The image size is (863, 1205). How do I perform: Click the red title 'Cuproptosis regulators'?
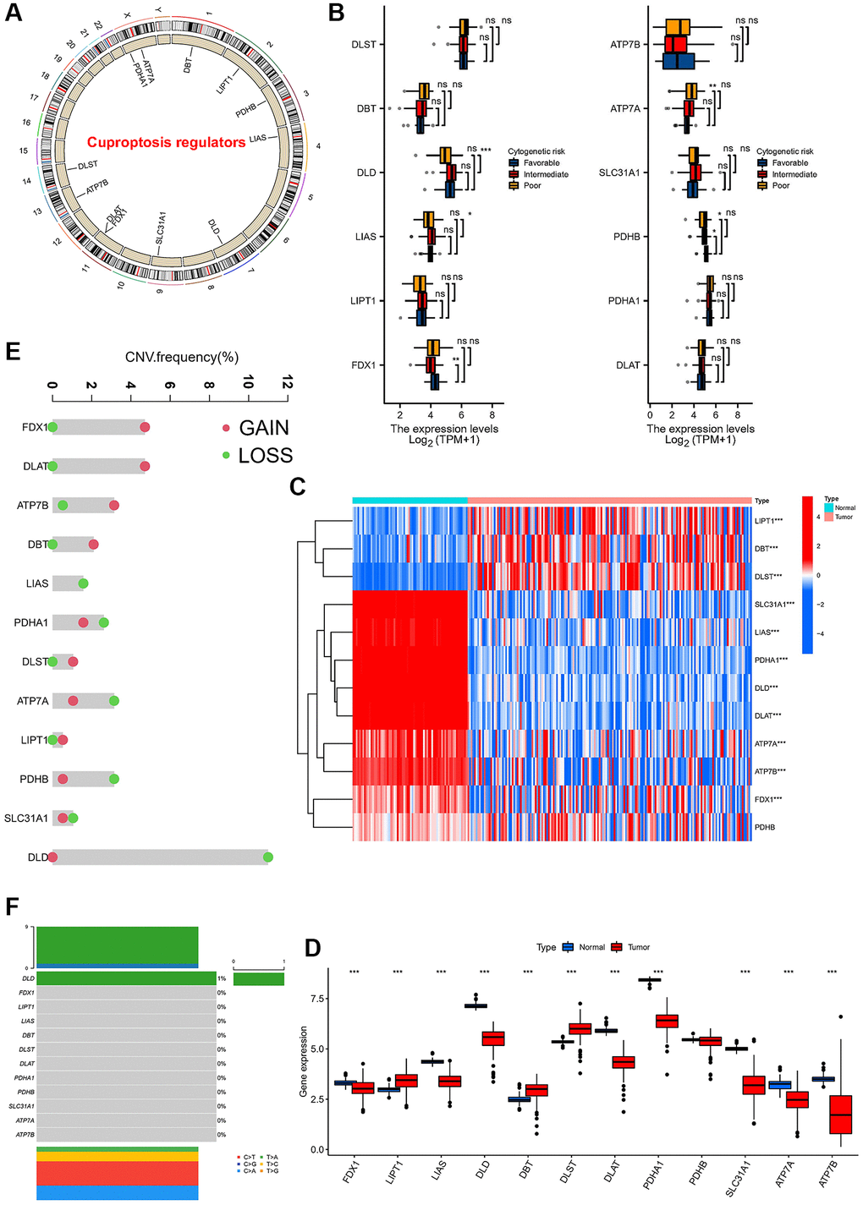pos(166,143)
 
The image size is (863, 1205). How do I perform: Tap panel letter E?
pos(13,351)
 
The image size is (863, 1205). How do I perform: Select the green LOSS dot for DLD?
pos(268,857)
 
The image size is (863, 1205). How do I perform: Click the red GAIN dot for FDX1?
pos(145,428)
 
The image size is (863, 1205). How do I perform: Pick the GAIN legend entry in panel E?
pos(263,428)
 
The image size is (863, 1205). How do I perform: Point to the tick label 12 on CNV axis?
pos(287,383)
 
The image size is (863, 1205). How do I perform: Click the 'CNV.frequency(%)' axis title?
pos(182,357)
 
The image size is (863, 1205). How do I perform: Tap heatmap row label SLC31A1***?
pos(774,605)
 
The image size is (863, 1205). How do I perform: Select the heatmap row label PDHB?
pos(764,827)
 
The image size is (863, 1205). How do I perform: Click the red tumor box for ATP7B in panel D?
pos(841,1115)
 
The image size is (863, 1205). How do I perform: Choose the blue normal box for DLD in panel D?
pos(475,1005)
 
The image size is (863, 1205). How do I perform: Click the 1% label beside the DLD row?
pos(222,978)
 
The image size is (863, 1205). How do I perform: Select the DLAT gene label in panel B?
pos(628,365)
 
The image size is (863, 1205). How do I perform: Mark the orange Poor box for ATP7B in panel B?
pos(678,27)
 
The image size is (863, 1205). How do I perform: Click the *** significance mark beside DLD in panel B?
pos(486,150)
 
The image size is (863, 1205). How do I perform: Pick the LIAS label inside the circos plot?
pos(258,138)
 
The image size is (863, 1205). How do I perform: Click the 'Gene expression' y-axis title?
pos(304,1061)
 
